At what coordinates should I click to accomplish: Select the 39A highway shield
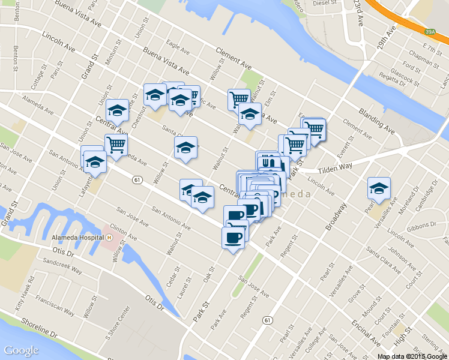pyautogui.click(x=429, y=31)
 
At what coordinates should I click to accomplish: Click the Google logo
pyautogui.click(x=21, y=350)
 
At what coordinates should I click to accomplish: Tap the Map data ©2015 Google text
pyautogui.click(x=412, y=356)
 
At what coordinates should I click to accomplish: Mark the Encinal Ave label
pyautogui.click(x=366, y=332)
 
